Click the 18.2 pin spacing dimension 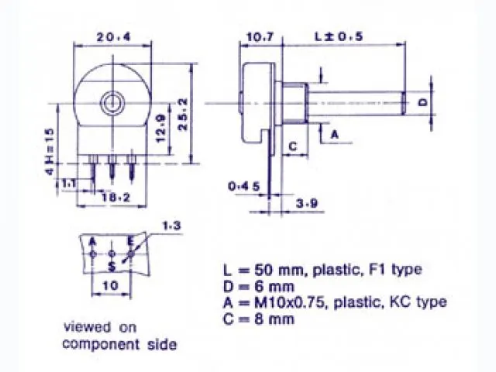coord(115,198)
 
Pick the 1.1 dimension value coord(69,184)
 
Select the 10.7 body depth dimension coord(259,36)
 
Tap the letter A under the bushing coord(335,134)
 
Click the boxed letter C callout coord(294,145)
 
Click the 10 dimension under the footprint coord(111,286)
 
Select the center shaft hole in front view coord(115,102)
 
